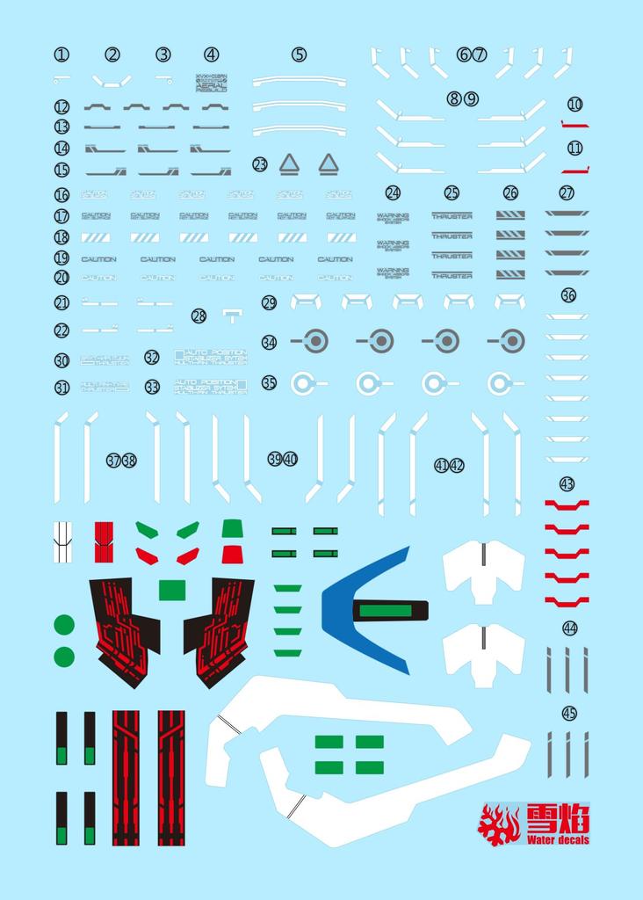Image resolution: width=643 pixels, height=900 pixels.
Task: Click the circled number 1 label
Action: (61, 54)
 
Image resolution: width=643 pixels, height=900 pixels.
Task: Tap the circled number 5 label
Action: (300, 54)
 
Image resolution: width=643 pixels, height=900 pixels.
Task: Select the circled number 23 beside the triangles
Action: (260, 164)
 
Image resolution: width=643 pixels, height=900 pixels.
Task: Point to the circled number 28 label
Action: (199, 316)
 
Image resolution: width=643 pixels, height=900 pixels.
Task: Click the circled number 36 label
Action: (568, 295)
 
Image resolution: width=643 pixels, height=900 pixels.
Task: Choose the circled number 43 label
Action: (567, 484)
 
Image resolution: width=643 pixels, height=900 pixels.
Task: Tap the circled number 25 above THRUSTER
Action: (452, 192)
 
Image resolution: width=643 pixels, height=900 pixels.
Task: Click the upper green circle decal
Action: (64, 625)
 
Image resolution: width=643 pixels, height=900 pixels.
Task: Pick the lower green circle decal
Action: (64, 657)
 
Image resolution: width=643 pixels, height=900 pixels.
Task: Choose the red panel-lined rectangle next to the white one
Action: (104, 541)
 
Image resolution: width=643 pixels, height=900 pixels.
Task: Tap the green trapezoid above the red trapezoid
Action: (232, 527)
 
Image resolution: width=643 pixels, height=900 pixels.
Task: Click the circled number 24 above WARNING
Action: (393, 192)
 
